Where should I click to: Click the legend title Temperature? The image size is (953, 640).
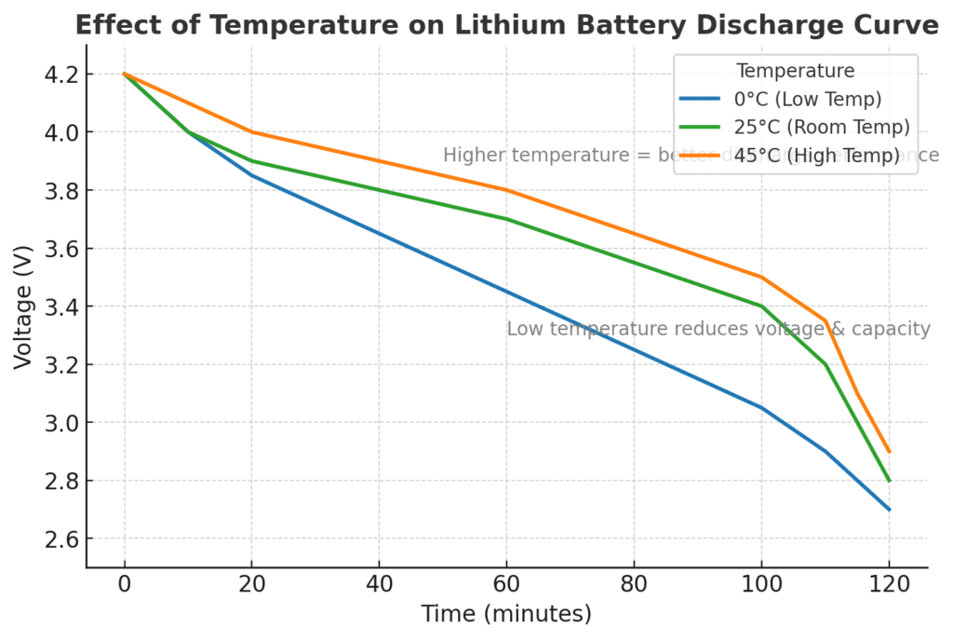click(795, 70)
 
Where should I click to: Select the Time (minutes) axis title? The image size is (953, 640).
click(506, 615)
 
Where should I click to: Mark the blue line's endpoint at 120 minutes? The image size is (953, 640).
click(889, 510)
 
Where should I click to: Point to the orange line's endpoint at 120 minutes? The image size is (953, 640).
click(889, 452)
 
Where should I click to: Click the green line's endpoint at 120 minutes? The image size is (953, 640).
click(889, 481)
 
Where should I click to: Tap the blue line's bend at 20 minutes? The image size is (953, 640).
click(251, 175)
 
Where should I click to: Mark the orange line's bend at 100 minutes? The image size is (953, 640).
click(761, 277)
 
